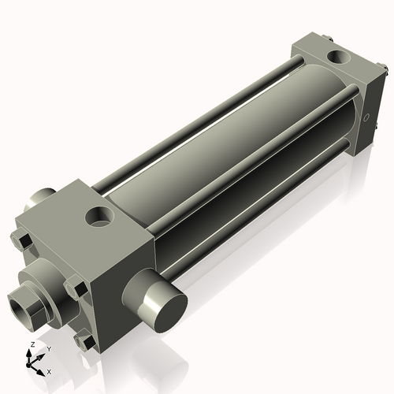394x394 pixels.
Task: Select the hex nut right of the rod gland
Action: pyautogui.click(x=76, y=285)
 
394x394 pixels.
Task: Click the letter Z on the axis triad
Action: pyautogui.click(x=31, y=344)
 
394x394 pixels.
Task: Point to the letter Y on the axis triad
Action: pyautogui.click(x=48, y=348)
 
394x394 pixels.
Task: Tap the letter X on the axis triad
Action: pyautogui.click(x=49, y=370)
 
